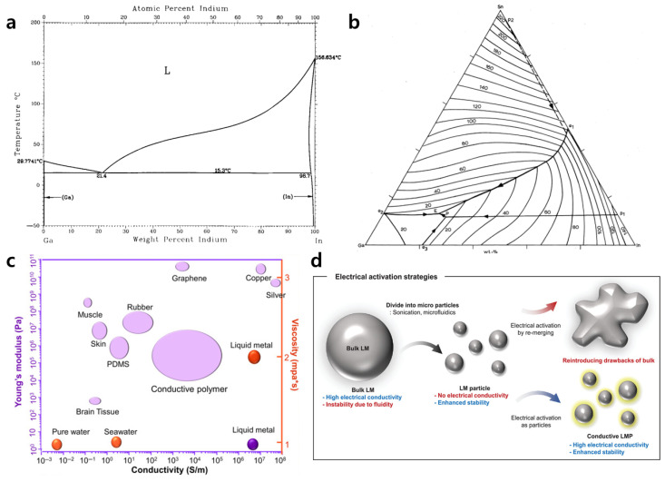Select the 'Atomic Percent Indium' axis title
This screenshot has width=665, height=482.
click(x=178, y=7)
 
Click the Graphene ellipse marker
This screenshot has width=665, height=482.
click(x=182, y=266)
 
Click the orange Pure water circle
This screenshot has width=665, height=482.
click(x=56, y=445)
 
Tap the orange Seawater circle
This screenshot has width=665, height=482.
click(x=116, y=442)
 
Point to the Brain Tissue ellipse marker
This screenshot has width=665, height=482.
click(x=94, y=400)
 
